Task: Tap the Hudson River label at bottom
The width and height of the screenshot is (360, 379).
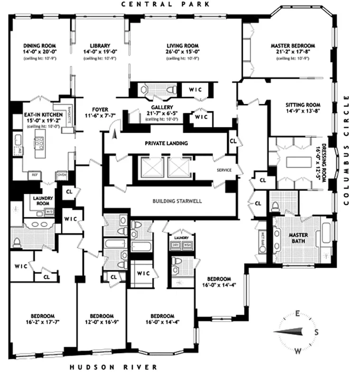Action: [x=113, y=367]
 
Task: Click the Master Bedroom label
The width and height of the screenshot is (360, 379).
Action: [x=293, y=46]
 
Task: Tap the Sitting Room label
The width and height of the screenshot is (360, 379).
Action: [x=303, y=105]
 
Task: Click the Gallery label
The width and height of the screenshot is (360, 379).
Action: [x=163, y=108]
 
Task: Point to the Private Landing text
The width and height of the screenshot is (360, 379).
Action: [x=166, y=143]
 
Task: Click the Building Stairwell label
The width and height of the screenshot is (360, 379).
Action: [x=177, y=201]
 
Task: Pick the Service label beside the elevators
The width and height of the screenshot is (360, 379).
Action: [x=224, y=170]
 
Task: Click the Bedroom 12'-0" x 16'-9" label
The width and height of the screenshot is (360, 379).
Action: [x=102, y=316]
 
